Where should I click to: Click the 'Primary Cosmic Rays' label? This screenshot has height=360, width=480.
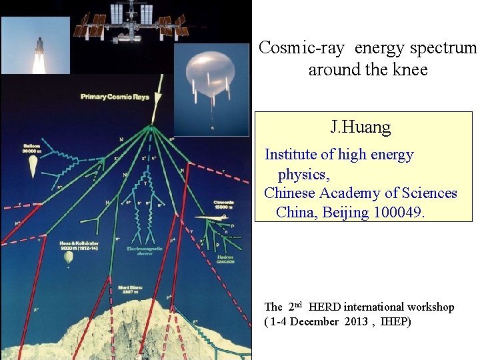[x=115, y=97]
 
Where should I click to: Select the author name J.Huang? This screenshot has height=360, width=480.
[x=360, y=127]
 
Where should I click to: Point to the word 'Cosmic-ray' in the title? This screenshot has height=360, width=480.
[x=304, y=48]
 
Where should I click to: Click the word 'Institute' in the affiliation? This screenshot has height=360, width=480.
[x=291, y=155]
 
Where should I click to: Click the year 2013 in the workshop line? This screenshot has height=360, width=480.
[x=353, y=322]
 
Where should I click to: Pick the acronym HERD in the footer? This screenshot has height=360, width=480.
[x=324, y=307]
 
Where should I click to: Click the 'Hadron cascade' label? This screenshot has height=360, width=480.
[x=225, y=259]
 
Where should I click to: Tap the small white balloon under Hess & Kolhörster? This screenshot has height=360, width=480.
[x=68, y=257]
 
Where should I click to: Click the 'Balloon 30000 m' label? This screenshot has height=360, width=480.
[x=30, y=148]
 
